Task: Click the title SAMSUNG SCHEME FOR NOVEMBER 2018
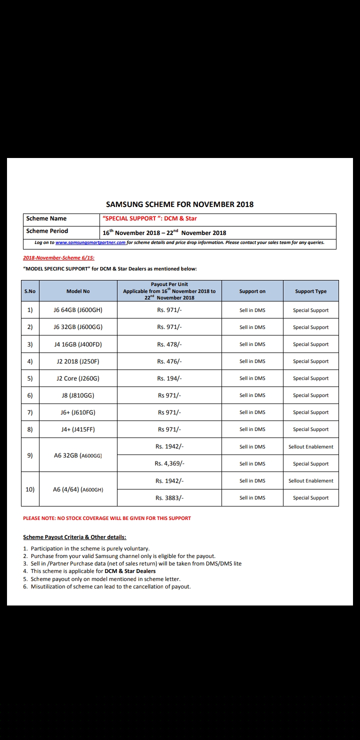(x=179, y=204)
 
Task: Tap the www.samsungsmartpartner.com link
(x=90, y=242)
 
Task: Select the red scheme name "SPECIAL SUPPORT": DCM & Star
(x=149, y=218)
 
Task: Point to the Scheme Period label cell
(x=47, y=231)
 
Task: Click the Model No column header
(x=78, y=291)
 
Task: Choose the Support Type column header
(x=310, y=291)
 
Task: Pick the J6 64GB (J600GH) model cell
(x=78, y=310)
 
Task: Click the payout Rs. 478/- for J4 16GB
(x=169, y=344)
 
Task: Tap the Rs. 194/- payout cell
(x=169, y=378)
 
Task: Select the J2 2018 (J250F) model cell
(x=78, y=361)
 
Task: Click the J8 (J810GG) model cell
(x=78, y=395)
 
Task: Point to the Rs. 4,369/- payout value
(x=169, y=463)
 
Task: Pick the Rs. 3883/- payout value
(x=169, y=497)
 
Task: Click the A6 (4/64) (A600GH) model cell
(x=78, y=489)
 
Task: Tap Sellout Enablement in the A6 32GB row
(x=310, y=446)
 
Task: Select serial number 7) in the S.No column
(x=30, y=412)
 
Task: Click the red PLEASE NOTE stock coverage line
(x=107, y=518)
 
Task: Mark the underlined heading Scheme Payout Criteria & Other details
(x=74, y=537)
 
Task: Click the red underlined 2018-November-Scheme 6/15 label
(x=58, y=258)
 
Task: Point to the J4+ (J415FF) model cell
(x=78, y=429)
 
